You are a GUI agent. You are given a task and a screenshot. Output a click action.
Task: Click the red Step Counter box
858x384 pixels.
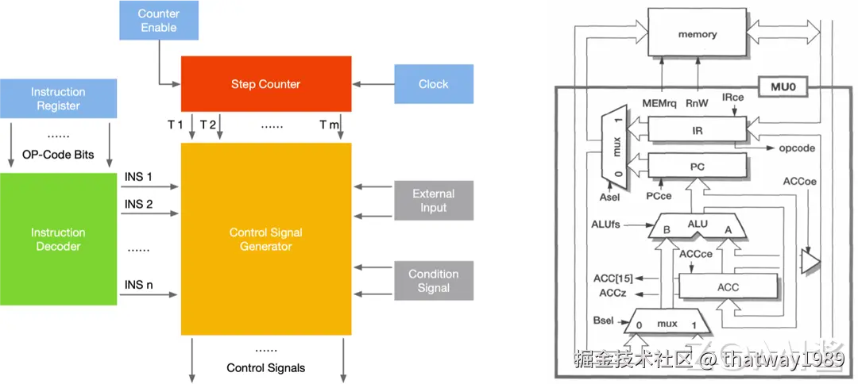[x=266, y=83]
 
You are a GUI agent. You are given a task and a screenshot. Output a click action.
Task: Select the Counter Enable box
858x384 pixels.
[x=158, y=21]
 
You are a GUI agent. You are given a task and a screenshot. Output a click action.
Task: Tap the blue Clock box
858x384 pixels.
[x=433, y=84]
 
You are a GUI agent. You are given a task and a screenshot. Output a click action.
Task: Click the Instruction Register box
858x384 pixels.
[x=58, y=99]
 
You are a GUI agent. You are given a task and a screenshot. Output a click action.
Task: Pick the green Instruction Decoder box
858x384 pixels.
[x=58, y=239]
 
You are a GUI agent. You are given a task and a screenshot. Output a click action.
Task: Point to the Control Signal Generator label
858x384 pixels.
[x=266, y=239]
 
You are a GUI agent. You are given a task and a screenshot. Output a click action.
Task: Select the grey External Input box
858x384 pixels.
[x=433, y=201]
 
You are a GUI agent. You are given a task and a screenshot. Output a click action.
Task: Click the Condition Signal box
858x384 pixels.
[x=433, y=281]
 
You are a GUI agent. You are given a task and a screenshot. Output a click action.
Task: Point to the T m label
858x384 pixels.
[x=329, y=125]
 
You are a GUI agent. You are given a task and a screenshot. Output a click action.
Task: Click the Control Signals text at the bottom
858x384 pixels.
[x=266, y=368]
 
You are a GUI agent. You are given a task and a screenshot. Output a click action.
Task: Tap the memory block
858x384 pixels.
[x=698, y=34]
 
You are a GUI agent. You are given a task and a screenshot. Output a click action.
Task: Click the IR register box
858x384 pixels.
[x=698, y=130]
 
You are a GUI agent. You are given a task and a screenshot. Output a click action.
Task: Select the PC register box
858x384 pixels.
[x=698, y=166]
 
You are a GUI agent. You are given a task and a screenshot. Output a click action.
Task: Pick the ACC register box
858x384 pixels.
[x=728, y=287]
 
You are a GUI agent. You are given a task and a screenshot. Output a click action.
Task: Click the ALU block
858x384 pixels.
[x=697, y=226]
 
